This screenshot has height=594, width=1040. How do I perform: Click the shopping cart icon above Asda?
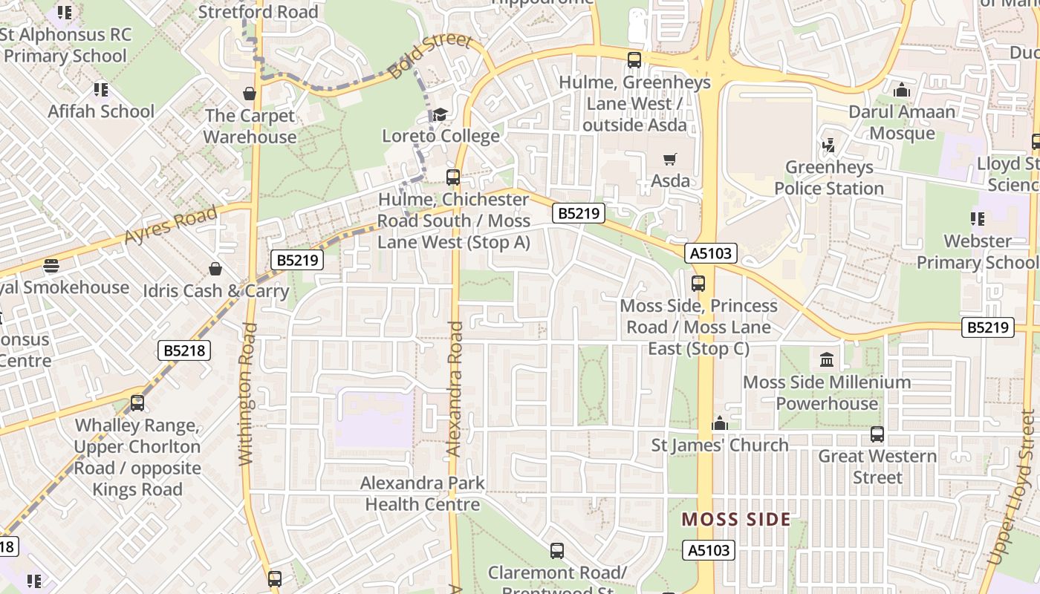pyautogui.click(x=669, y=159)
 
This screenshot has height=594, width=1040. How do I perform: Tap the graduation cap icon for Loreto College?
pyautogui.click(x=441, y=114)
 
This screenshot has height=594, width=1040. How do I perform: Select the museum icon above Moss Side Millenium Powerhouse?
pyautogui.click(x=826, y=361)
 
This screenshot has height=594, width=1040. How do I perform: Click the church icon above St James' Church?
pyautogui.click(x=719, y=423)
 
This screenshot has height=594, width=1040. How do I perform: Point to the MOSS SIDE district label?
pyautogui.click(x=736, y=519)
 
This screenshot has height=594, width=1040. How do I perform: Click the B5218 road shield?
pyautogui.click(x=184, y=350)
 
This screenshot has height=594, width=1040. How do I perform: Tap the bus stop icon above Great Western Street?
pyautogui.click(x=877, y=434)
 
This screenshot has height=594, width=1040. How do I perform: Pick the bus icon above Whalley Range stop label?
pyautogui.click(x=137, y=403)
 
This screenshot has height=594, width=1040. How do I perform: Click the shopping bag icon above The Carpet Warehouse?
pyautogui.click(x=250, y=94)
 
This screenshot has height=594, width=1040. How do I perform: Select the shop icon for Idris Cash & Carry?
pyautogui.click(x=215, y=268)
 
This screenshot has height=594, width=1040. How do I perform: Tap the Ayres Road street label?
pyautogui.click(x=172, y=225)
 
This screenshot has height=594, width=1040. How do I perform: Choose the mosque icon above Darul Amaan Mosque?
pyautogui.click(x=902, y=91)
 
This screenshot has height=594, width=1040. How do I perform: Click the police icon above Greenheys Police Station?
pyautogui.click(x=828, y=146)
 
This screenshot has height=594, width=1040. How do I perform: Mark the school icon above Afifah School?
pyautogui.click(x=101, y=90)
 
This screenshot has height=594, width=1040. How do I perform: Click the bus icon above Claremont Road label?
pyautogui.click(x=557, y=551)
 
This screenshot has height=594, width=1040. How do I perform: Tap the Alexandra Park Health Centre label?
pyautogui.click(x=423, y=494)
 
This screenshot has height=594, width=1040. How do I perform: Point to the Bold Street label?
pyautogui.click(x=430, y=56)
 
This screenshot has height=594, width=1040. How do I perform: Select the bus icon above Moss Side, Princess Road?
pyautogui.click(x=698, y=283)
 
